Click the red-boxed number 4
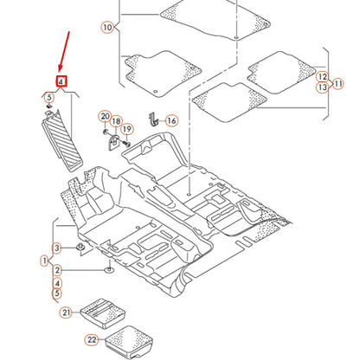[x=61, y=82]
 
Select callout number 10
[x=106, y=28]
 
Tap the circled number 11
[x=338, y=83]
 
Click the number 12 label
[x=322, y=76]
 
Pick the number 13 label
[x=322, y=87]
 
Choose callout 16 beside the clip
[x=170, y=120]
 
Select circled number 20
[x=105, y=117]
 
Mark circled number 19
[x=126, y=130]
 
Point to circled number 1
[x=44, y=260]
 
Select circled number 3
[x=57, y=249]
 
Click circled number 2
[x=57, y=271]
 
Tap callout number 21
[x=67, y=313]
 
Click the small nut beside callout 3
[x=80, y=248]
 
